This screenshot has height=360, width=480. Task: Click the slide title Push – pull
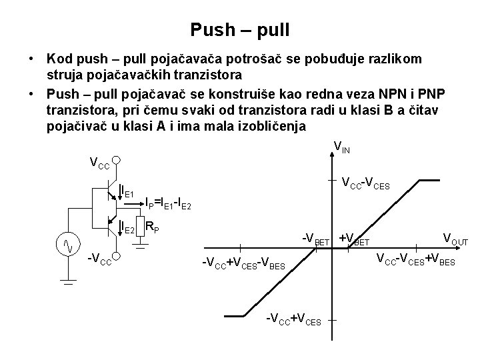point(239,30)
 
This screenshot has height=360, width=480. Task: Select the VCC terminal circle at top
point(116,161)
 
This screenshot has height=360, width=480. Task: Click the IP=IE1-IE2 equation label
point(169,202)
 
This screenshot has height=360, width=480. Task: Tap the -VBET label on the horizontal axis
point(315,239)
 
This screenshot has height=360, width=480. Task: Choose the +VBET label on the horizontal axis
point(354,239)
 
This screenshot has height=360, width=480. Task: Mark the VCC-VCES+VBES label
point(416,259)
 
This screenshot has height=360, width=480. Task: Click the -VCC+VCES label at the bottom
point(293,319)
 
